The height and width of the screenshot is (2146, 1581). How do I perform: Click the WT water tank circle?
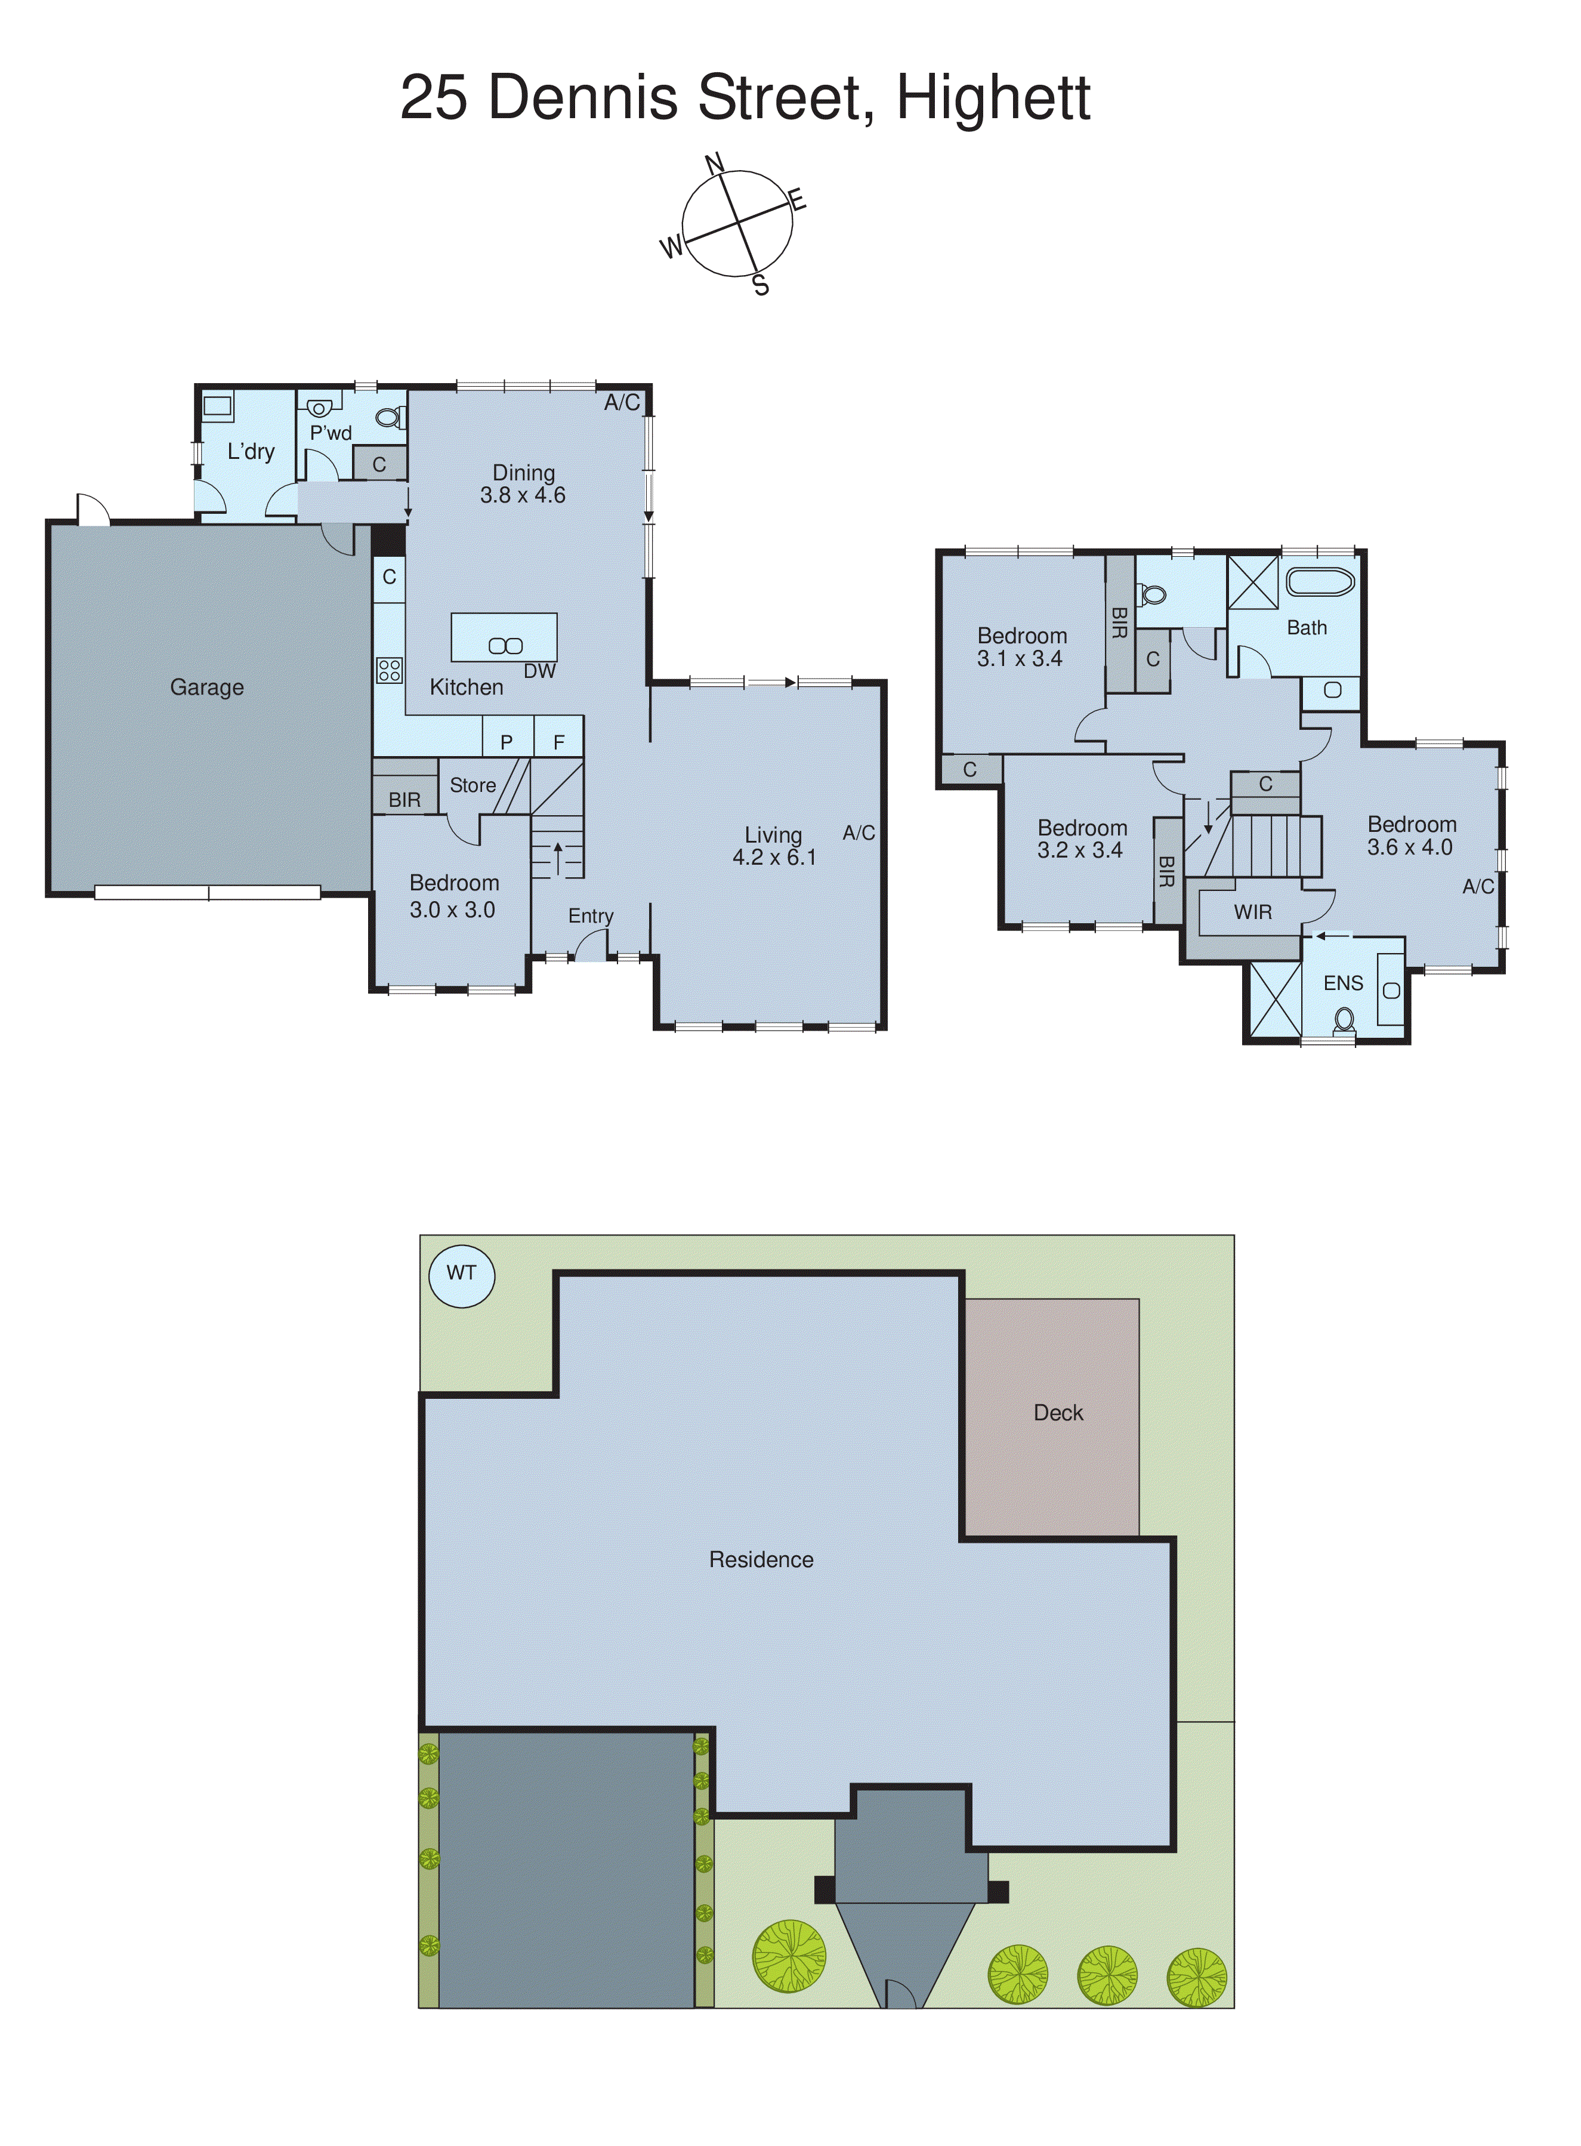(x=461, y=1274)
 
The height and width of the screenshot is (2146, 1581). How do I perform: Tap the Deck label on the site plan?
(x=1058, y=1413)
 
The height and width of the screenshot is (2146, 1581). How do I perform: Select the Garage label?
(x=206, y=687)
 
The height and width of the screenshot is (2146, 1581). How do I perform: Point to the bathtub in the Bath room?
(x=1320, y=582)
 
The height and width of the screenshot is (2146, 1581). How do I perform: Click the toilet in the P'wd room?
(x=388, y=417)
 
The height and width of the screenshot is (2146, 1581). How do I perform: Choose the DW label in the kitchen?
(x=539, y=671)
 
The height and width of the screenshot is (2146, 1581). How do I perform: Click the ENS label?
(x=1343, y=983)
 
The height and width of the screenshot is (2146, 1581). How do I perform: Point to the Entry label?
(x=591, y=916)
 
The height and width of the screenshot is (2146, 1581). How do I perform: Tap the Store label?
(x=473, y=785)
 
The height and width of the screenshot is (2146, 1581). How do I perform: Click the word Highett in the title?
(x=992, y=98)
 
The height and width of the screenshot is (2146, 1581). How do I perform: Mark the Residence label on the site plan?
(x=761, y=1560)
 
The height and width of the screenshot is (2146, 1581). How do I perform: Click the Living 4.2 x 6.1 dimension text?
(x=774, y=858)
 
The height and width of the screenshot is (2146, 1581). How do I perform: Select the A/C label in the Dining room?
(x=621, y=403)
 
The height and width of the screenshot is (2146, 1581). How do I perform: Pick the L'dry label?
(x=251, y=452)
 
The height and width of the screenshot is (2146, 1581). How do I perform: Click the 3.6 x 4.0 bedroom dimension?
(x=1409, y=847)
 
